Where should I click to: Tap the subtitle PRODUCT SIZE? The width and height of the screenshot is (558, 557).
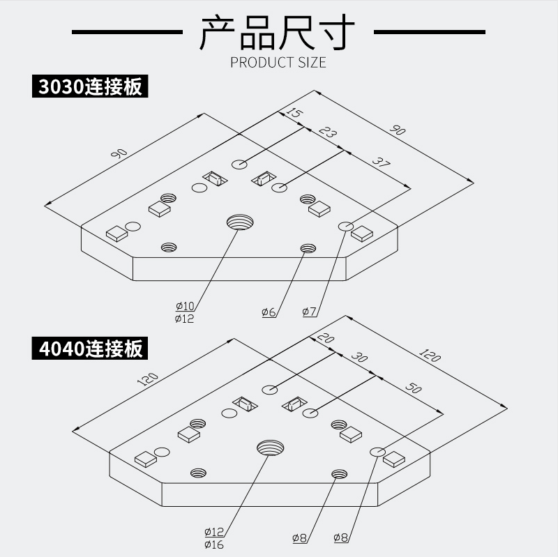[278, 63]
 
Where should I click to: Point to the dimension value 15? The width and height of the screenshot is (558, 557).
[294, 114]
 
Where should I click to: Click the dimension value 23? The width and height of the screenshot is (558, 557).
[327, 134]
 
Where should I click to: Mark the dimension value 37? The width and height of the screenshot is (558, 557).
[380, 165]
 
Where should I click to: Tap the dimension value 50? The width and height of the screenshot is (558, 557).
[414, 388]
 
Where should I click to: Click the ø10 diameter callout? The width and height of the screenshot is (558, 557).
[185, 306]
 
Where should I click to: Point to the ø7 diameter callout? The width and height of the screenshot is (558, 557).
[310, 312]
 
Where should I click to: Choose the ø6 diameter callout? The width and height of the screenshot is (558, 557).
[269, 312]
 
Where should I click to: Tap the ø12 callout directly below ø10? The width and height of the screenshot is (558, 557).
[185, 319]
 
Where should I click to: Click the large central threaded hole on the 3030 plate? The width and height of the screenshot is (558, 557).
[239, 223]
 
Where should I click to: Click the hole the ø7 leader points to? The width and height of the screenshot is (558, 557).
[346, 227]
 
